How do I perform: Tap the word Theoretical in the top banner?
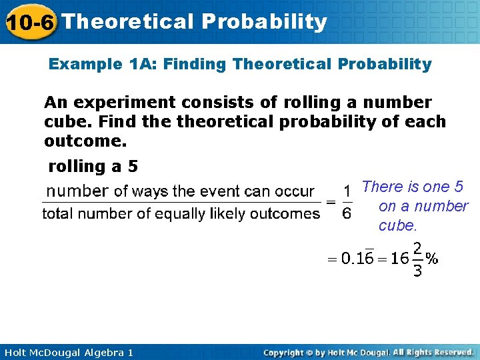pyautogui.click(x=127, y=22)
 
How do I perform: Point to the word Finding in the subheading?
pyautogui.click(x=196, y=65)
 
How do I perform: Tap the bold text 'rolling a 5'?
pyautogui.click(x=93, y=167)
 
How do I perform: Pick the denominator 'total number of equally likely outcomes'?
pyautogui.click(x=181, y=214)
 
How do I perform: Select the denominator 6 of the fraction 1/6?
pyautogui.click(x=346, y=213)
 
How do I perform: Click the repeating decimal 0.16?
pyautogui.click(x=357, y=259)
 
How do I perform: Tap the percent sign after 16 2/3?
pyautogui.click(x=432, y=259)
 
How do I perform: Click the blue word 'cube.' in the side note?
pyautogui.click(x=397, y=225)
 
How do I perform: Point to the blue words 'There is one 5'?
pyautogui.click(x=412, y=187)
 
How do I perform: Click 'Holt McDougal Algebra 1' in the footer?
pyautogui.click(x=67, y=352)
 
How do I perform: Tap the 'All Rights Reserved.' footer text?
pyautogui.click(x=433, y=352)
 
